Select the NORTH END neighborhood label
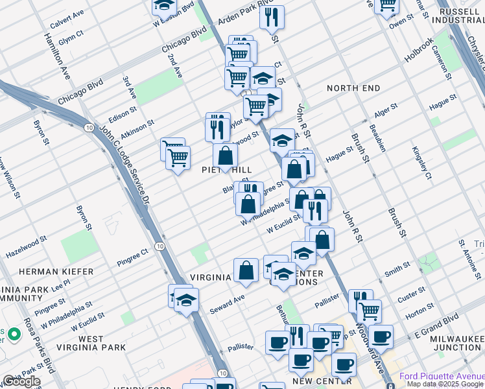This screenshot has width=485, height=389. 353,88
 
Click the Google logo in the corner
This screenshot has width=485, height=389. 21,381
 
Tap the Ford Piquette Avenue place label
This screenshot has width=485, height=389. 441,376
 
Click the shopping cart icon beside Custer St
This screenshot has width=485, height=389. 369,310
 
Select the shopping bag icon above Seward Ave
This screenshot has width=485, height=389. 246,270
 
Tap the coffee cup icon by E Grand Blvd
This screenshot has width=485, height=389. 381,336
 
